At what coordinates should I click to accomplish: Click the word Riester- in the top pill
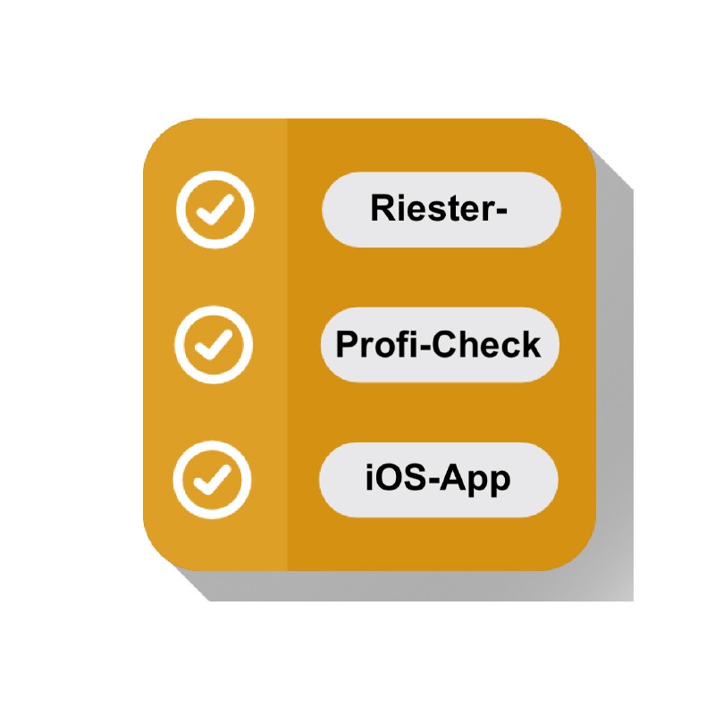pyautogui.click(x=439, y=208)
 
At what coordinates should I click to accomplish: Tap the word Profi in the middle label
pyautogui.click(x=375, y=344)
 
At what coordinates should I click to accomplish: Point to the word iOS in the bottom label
pyautogui.click(x=396, y=477)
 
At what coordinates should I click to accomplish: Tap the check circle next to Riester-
pyautogui.click(x=214, y=210)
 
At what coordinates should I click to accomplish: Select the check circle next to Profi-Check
pyautogui.click(x=214, y=345)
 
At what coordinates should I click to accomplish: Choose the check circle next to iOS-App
pyautogui.click(x=212, y=480)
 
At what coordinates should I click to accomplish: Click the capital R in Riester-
pyautogui.click(x=383, y=207)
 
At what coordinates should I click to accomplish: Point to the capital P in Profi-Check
pyautogui.click(x=348, y=344)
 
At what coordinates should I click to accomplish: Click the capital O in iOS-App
pyautogui.click(x=388, y=477)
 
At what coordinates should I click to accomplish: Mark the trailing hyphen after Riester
pyautogui.click(x=500, y=211)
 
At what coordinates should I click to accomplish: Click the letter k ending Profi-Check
pyautogui.click(x=532, y=344)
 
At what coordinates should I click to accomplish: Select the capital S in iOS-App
pyautogui.click(x=415, y=477)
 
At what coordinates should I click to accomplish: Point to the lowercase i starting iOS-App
pyautogui.click(x=369, y=477)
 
